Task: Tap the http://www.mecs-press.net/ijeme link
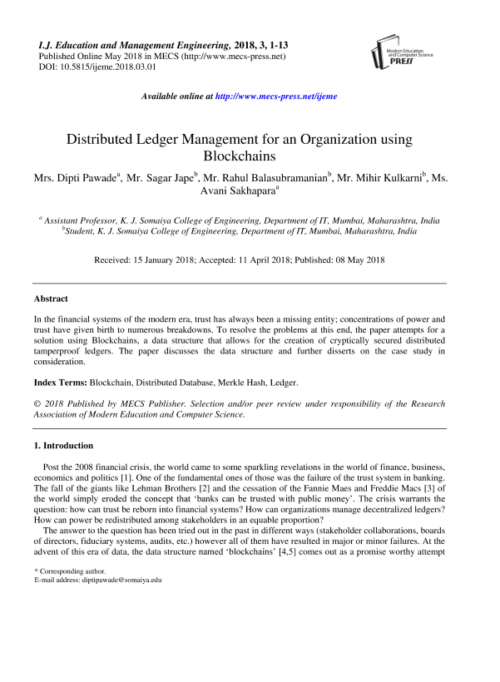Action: (275, 96)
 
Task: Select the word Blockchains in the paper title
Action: (250, 156)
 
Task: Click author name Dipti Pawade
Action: (83, 177)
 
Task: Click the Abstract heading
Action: (51, 299)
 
